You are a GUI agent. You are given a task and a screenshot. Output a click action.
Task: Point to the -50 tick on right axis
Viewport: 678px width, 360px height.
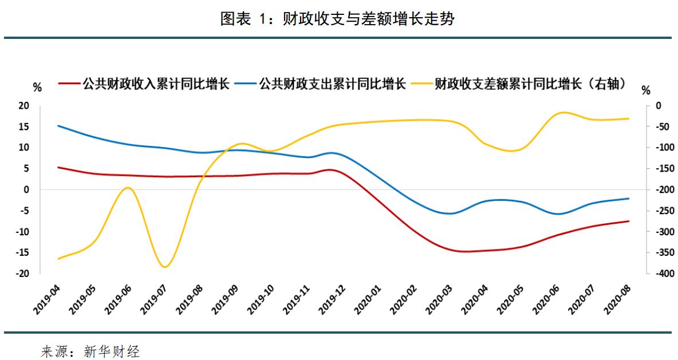[x=659, y=126]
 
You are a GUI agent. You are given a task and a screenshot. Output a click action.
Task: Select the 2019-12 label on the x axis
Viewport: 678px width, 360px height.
[x=333, y=298]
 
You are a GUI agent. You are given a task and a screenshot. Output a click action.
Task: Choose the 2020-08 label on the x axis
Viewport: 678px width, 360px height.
[x=617, y=298]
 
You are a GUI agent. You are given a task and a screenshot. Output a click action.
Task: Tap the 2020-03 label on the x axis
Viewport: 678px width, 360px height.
[x=439, y=298]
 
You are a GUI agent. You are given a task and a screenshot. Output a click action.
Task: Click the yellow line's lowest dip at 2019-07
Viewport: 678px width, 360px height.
[x=165, y=267]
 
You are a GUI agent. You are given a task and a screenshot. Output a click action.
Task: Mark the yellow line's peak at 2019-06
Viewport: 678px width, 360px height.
[x=128, y=188]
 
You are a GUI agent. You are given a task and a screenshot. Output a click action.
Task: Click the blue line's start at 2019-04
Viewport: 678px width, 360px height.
[x=58, y=125]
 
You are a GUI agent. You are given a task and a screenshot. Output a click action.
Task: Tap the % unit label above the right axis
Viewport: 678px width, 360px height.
[x=646, y=90]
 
